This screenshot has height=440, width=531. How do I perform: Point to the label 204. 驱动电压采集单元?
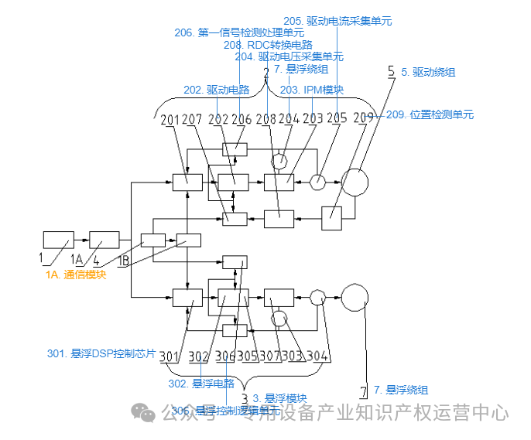point(289,56)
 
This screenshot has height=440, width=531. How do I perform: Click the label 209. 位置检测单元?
point(430,114)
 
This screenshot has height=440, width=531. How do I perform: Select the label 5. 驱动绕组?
point(427,72)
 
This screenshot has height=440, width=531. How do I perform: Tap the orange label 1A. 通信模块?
point(75,275)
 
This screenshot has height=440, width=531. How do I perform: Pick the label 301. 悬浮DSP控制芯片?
point(102,354)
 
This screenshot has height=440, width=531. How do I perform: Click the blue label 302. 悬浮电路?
point(201,383)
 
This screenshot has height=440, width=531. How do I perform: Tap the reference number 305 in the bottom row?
point(248,356)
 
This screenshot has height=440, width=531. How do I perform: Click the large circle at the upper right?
point(355,182)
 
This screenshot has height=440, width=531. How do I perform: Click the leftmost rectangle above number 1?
point(58,240)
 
